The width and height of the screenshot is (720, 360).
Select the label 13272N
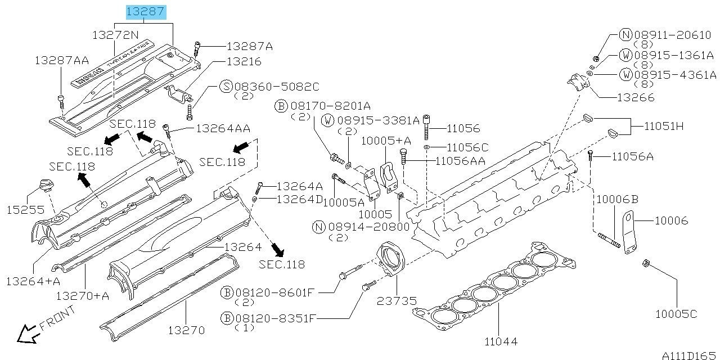point(115,35)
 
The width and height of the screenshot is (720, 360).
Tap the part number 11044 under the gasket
point(500,341)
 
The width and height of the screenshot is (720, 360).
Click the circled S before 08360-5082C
point(226,87)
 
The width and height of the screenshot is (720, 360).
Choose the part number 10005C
point(676,313)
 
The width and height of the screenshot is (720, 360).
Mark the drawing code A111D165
point(689,355)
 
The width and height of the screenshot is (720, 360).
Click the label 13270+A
point(83,295)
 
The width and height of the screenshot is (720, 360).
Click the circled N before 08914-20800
point(319,227)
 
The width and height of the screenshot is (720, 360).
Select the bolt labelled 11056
point(426,127)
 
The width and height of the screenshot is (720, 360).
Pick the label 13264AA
point(223,129)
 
